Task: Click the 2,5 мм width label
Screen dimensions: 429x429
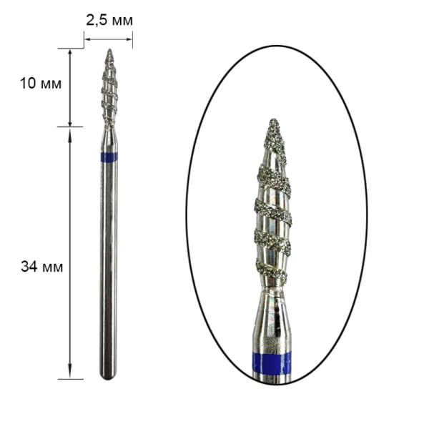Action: point(109,21)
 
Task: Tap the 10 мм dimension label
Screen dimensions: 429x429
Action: point(41,83)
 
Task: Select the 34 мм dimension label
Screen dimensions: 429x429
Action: point(42,267)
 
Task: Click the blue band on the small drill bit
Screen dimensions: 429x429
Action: point(109,157)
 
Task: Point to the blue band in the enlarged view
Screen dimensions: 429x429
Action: point(272,363)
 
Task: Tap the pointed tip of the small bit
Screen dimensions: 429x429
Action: point(110,49)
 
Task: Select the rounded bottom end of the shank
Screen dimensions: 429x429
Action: point(109,377)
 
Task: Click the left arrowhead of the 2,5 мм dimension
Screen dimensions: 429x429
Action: point(87,39)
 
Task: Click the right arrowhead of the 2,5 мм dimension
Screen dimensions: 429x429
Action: point(129,39)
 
